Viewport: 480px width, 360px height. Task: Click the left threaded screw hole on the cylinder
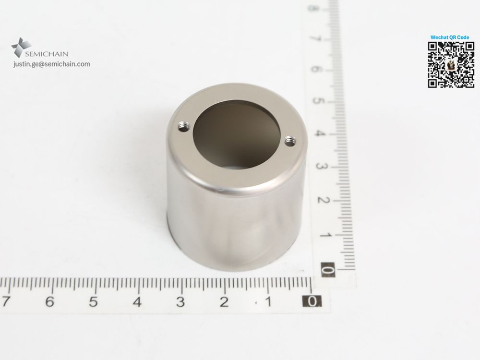[x=183, y=126]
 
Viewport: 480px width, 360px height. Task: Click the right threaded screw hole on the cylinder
[x=289, y=141]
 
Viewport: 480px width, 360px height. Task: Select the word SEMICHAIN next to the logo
[x=47, y=54]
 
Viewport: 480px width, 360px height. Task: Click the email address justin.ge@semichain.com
[x=52, y=64]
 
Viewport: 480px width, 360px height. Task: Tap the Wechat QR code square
[x=451, y=65]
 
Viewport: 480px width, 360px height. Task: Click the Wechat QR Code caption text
[x=450, y=37]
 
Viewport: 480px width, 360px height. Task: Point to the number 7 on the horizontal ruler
[x=5, y=301]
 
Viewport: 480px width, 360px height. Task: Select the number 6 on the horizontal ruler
[x=49, y=302]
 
